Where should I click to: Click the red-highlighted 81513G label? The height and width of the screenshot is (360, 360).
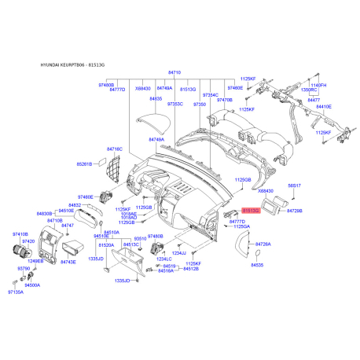pyautogui.click(x=251, y=211)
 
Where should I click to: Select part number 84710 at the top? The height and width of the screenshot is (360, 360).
pyautogui.click(x=174, y=72)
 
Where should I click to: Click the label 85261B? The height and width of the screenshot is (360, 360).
pyautogui.click(x=84, y=164)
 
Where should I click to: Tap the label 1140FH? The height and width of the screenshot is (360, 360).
pyautogui.click(x=318, y=85)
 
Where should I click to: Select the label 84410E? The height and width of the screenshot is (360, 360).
pyautogui.click(x=323, y=107)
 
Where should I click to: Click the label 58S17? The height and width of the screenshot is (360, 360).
pyautogui.click(x=293, y=186)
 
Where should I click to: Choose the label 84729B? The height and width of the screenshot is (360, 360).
pyautogui.click(x=294, y=211)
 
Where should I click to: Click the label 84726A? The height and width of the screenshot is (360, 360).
pyautogui.click(x=260, y=244)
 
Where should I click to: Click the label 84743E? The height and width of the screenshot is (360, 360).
pyautogui.click(x=68, y=262)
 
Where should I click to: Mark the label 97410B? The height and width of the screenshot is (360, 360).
pyautogui.click(x=20, y=234)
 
